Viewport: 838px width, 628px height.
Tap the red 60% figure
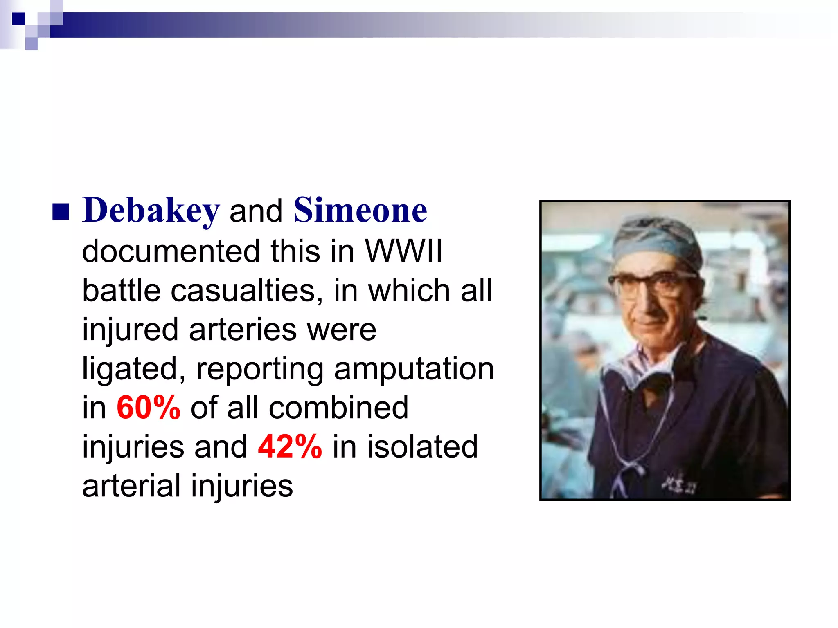148,408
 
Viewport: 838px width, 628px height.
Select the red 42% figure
290,446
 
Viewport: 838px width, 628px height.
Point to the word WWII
403,251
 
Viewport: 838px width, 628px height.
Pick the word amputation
414,369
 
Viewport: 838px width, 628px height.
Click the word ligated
133,369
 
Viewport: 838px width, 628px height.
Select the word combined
338,408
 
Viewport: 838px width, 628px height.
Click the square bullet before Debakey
61,212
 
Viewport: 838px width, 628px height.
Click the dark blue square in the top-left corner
18,19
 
